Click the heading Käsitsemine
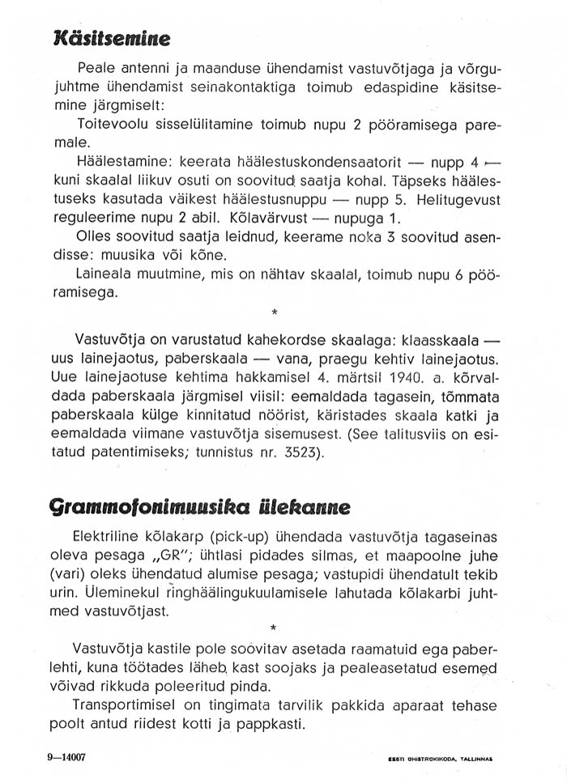pos(110,37)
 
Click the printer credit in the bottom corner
pos(441,760)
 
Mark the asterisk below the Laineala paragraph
pos(275,312)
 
